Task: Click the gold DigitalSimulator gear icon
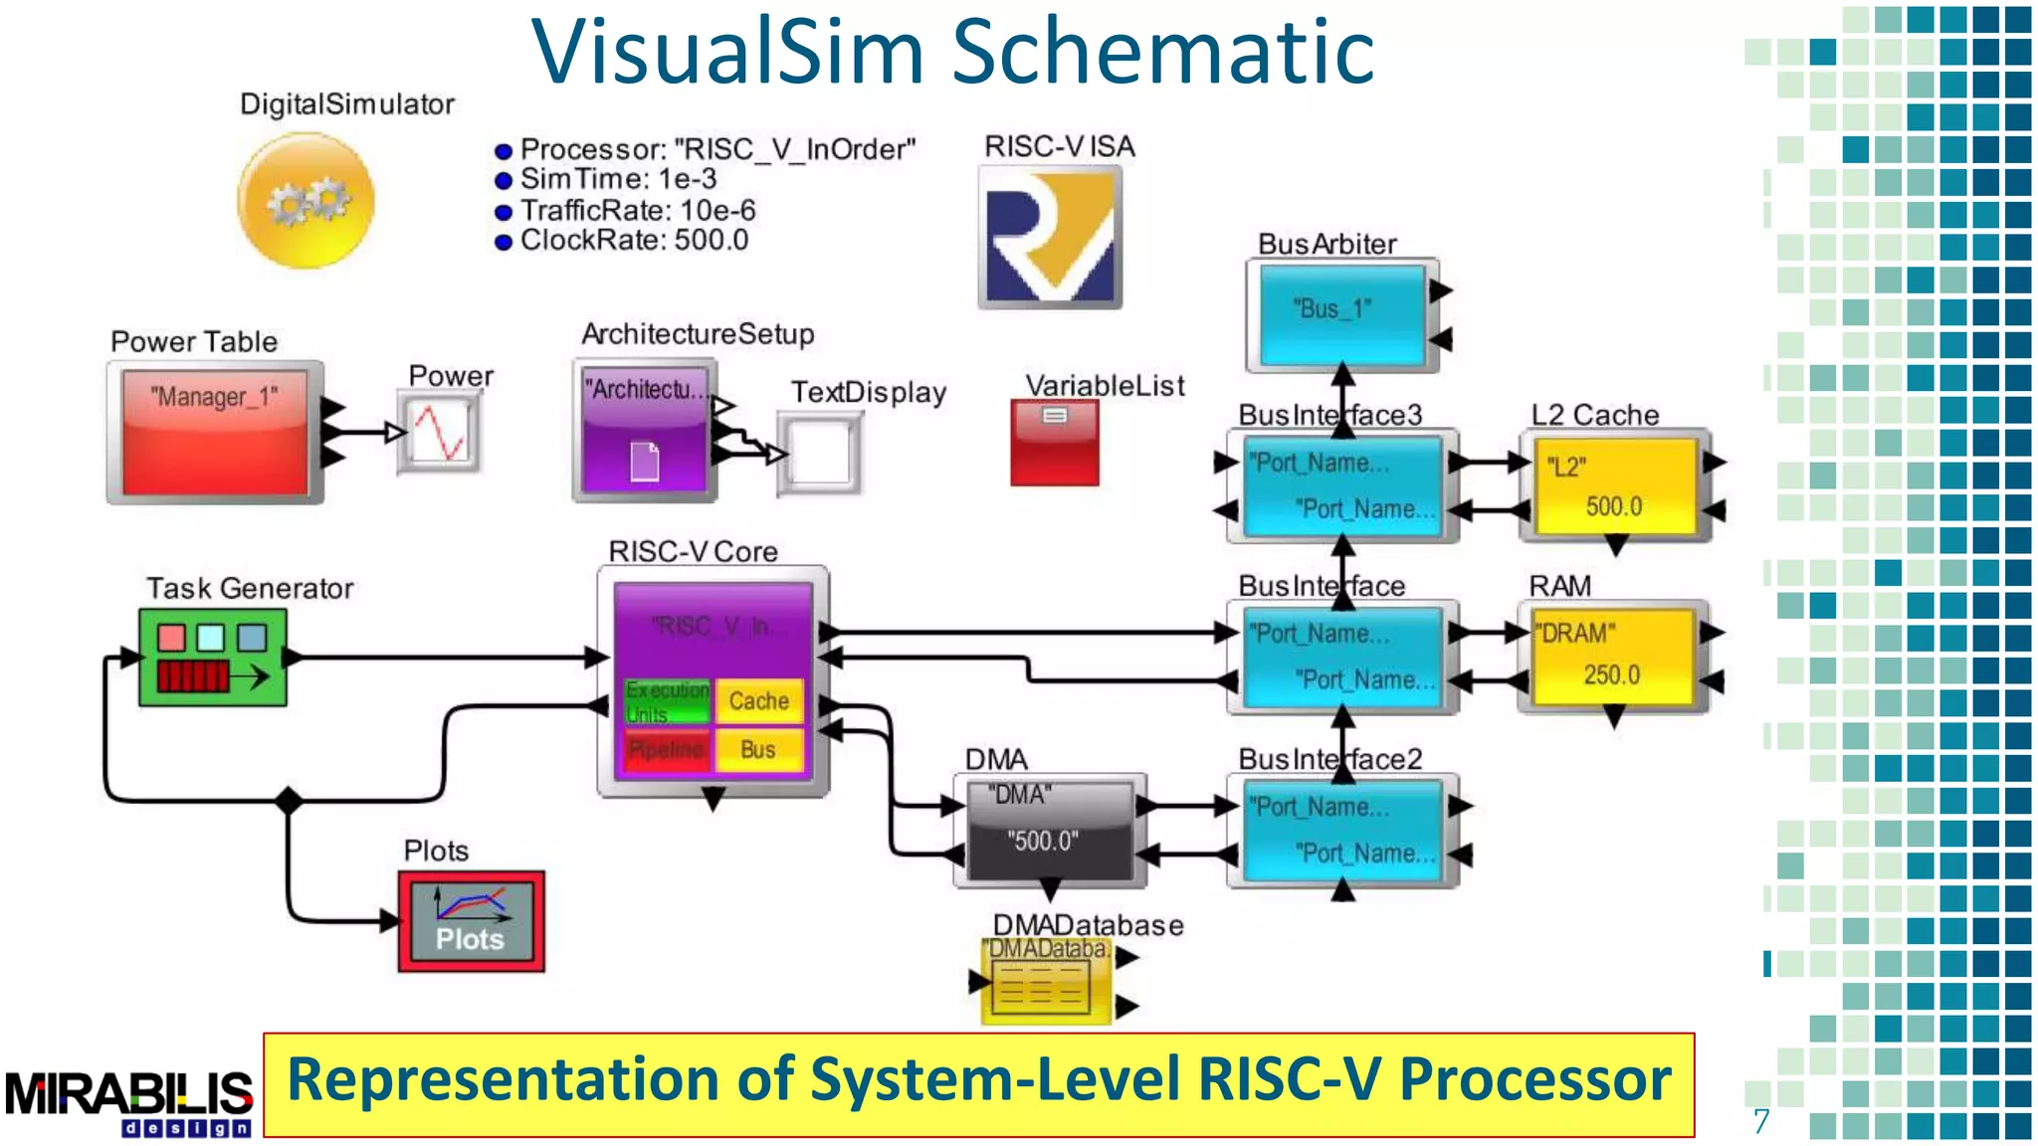pyautogui.click(x=306, y=202)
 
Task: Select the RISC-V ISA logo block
pyautogui.click(x=1050, y=237)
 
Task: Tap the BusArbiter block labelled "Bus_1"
pyautogui.click(x=1341, y=314)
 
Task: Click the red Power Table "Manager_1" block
pyautogui.click(x=215, y=432)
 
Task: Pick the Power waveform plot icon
pyautogui.click(x=439, y=433)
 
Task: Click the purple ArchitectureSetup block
pyautogui.click(x=645, y=432)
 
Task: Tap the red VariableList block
pyautogui.click(x=1055, y=443)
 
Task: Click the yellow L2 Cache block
pyautogui.click(x=1613, y=486)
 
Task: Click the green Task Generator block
pyautogui.click(x=213, y=658)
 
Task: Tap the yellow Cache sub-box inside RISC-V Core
pyautogui.click(x=759, y=700)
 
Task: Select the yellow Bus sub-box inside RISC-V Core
pyautogui.click(x=759, y=749)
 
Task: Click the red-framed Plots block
pyautogui.click(x=472, y=921)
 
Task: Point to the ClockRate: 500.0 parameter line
pyautogui.click(x=633, y=241)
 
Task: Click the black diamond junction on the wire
pyautogui.click(x=289, y=800)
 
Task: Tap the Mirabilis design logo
pyautogui.click(x=129, y=1102)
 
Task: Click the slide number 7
pyautogui.click(x=1761, y=1121)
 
